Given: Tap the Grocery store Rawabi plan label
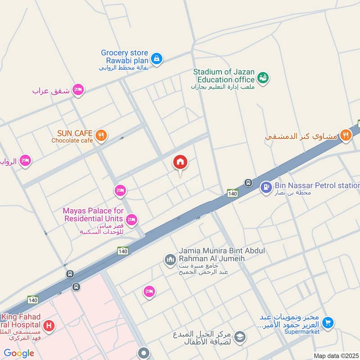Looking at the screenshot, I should pos(124,56).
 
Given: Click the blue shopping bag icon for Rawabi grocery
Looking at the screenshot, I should pos(156,58).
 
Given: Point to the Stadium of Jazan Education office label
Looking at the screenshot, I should pos(224,76).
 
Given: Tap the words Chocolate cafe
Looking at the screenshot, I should pos(72,140).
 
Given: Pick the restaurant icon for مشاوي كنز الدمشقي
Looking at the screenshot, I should pos(346,135).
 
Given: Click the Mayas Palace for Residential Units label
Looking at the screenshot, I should pos(93,214).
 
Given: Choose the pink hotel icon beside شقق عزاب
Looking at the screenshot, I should pos(78,90).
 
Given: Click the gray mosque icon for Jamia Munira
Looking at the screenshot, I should pos(170,260).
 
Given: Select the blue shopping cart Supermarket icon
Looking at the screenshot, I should pos(328,323).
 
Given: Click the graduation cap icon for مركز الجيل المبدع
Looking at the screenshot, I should pos(240,337).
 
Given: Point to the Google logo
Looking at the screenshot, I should pos(19,353).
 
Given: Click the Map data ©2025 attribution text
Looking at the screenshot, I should pos(336,355).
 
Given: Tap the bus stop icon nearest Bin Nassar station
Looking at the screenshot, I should pos(248,183).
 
